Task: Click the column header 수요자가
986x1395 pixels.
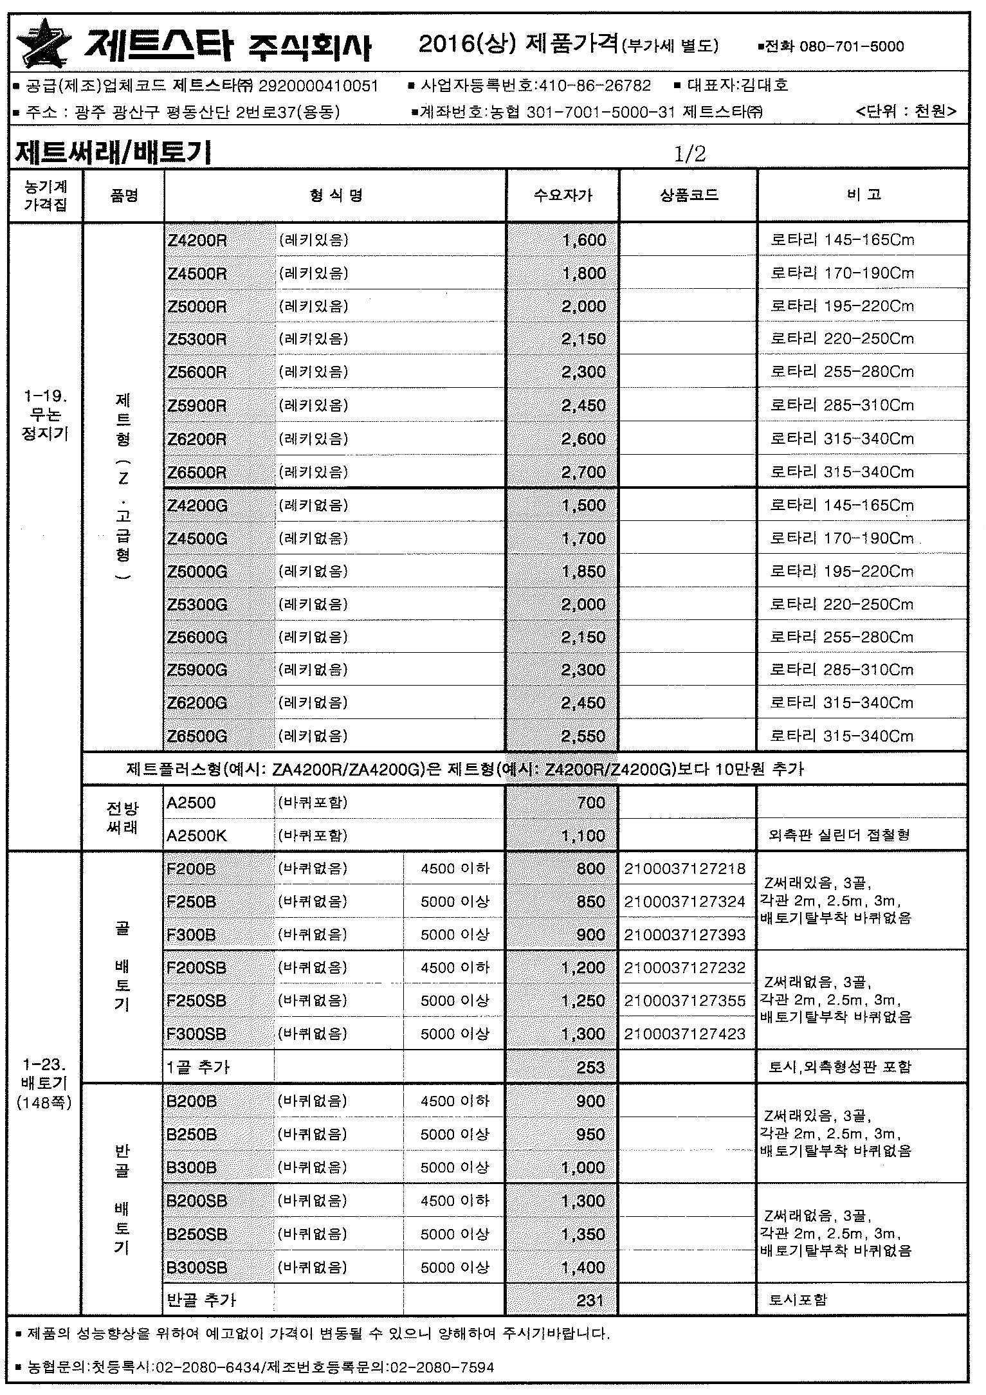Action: click(563, 196)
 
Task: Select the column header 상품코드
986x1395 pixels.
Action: click(688, 196)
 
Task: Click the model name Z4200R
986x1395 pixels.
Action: click(197, 241)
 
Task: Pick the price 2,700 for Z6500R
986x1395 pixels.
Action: click(583, 473)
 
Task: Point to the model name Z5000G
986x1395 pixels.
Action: click(197, 572)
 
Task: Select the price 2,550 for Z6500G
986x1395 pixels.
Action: click(583, 736)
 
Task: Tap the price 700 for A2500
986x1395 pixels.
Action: click(591, 803)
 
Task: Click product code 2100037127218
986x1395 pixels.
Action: click(684, 869)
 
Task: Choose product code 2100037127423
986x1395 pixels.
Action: click(684, 1034)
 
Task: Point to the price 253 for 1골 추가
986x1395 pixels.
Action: click(590, 1068)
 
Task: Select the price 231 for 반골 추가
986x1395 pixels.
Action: click(590, 1300)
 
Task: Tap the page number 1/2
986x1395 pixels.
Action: click(689, 154)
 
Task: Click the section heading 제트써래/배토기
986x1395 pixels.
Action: click(113, 153)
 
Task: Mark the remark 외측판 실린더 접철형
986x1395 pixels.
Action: click(839, 835)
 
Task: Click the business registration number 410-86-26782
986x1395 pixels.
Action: click(595, 86)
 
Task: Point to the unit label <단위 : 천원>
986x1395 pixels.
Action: click(906, 111)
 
